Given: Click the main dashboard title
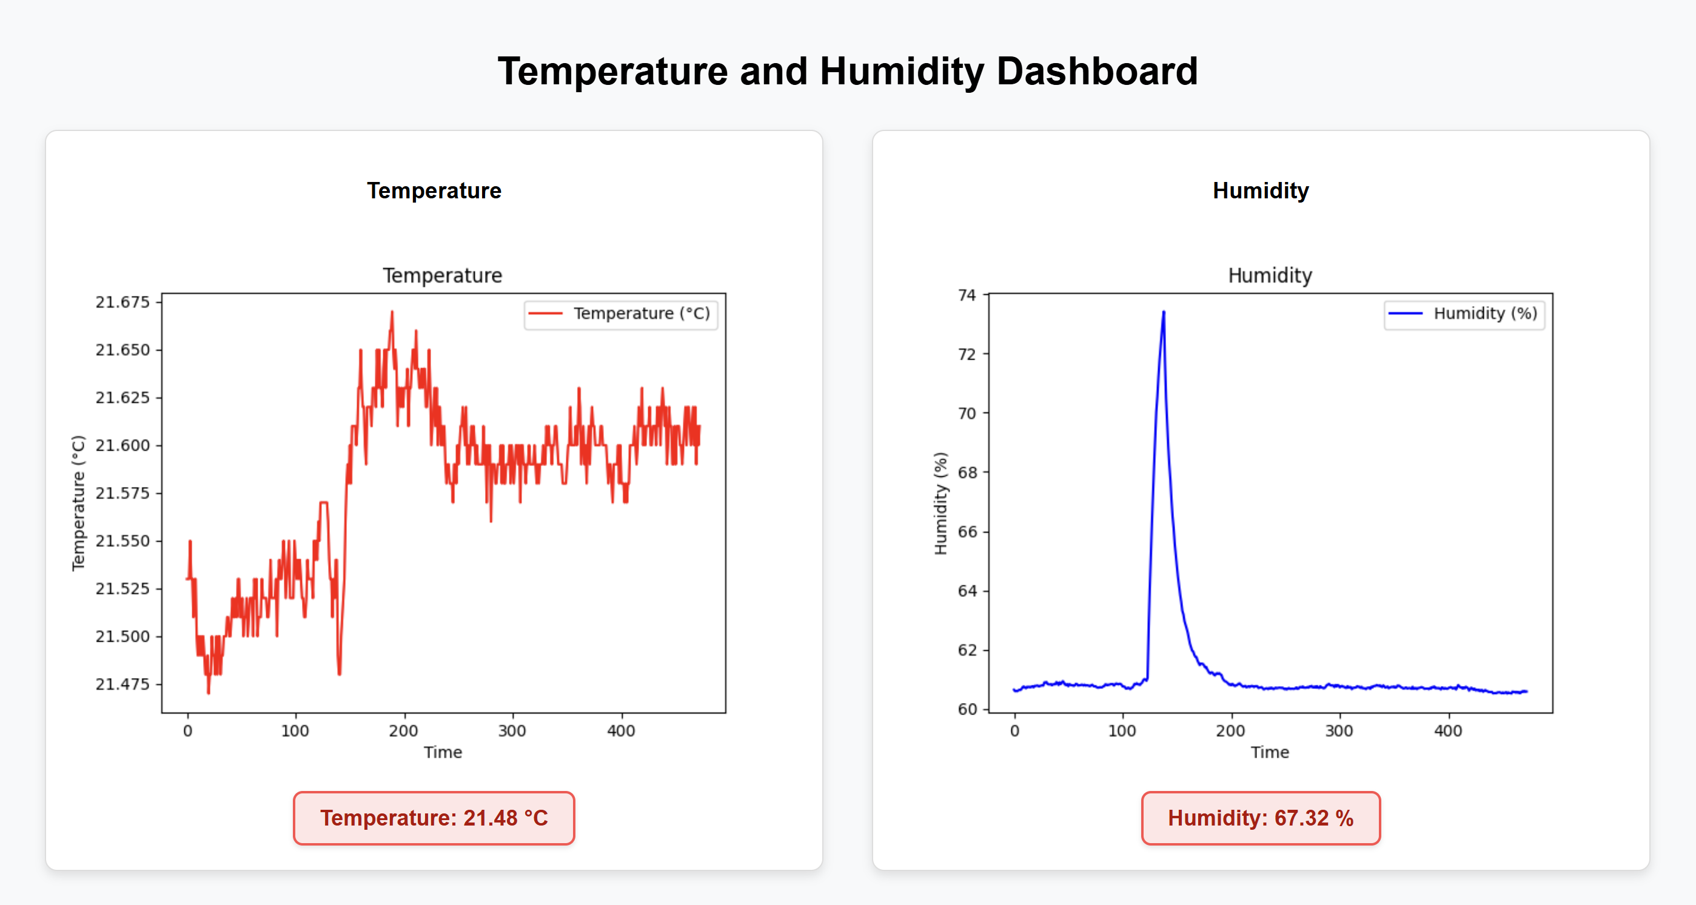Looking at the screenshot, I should coord(847,71).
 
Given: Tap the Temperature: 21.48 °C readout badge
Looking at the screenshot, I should coord(434,818).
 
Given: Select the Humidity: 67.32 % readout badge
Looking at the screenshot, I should coord(1260,818).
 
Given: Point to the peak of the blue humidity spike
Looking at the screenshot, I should coord(1164,312).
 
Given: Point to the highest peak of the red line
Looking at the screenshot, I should coord(392,312).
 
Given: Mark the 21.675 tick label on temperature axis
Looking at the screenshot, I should coord(122,302).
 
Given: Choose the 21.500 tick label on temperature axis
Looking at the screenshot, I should coord(122,636).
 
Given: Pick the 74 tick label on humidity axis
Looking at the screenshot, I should coord(967,295).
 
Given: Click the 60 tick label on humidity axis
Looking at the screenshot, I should coord(967,709).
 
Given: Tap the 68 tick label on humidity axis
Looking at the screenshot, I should coord(967,473).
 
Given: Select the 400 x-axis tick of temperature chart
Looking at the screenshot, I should coord(621,730).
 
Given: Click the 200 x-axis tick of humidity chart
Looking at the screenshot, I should coord(1230,730).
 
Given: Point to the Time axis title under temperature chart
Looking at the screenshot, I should coord(443,752).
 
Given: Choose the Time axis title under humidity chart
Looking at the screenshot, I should coord(1269,752).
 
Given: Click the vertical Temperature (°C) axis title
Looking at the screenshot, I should coord(78,503).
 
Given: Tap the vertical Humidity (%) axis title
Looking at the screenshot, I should coord(941,503).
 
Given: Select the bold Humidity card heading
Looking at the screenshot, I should coord(1260,191).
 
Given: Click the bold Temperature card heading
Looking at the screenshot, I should coord(434,191).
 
